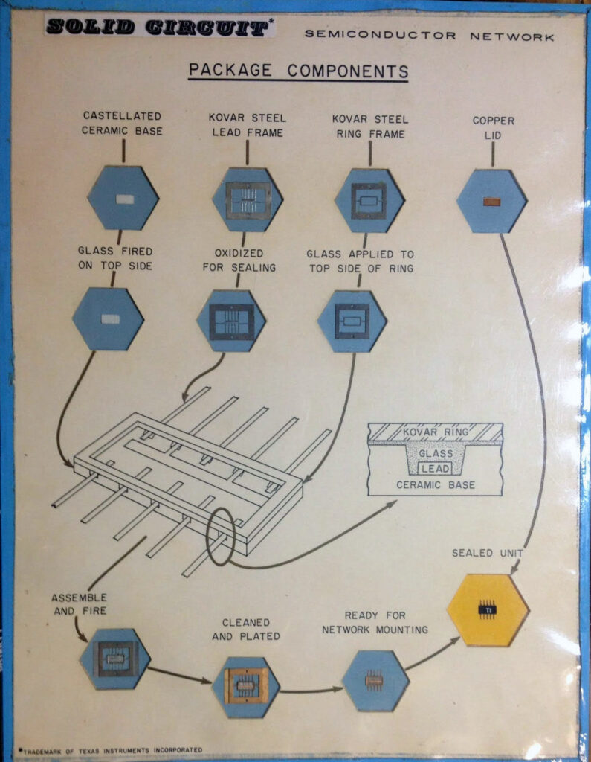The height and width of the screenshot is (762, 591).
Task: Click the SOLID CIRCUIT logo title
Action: [157, 28]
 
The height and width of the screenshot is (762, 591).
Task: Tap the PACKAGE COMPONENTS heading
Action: [298, 71]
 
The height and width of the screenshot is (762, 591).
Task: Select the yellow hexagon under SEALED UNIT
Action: [488, 610]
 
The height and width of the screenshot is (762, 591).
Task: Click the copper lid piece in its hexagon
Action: [491, 200]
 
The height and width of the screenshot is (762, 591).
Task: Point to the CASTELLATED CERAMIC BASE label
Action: [123, 124]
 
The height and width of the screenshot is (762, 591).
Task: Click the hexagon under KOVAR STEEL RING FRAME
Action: [369, 200]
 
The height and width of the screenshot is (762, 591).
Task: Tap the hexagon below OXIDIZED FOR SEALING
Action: [231, 321]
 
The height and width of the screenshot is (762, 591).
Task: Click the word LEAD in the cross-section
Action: [435, 469]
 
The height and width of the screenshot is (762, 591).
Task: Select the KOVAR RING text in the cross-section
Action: [435, 432]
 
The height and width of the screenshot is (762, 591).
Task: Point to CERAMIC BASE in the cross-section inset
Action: [436, 485]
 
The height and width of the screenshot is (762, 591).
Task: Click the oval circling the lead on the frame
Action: [220, 536]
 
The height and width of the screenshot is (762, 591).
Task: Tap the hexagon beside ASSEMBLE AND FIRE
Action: [115, 658]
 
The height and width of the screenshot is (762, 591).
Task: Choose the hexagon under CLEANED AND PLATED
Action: [245, 686]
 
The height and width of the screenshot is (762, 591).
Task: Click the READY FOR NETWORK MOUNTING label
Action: [375, 622]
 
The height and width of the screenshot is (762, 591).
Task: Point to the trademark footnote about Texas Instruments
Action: [112, 749]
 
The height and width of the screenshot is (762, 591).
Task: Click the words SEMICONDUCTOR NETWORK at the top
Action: [429, 35]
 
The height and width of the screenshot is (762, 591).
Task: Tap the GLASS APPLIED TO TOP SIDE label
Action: [360, 260]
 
